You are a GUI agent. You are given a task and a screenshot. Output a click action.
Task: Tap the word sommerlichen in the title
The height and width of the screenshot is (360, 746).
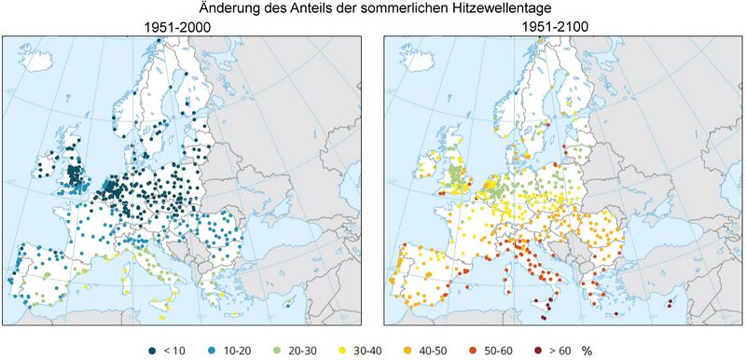tap(403, 9)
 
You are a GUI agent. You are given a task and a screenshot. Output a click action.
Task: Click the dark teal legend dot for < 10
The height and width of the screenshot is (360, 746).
tap(151, 350)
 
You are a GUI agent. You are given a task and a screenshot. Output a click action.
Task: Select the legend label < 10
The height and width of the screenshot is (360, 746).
tap(174, 350)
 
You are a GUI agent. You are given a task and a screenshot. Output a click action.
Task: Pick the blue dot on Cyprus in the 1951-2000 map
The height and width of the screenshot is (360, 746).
tap(288, 303)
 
